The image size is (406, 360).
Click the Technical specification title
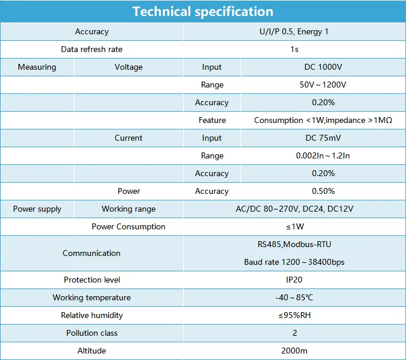203,12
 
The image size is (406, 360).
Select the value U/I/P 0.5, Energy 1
294,31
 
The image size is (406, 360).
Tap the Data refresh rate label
92,49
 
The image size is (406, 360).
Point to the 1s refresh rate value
294,49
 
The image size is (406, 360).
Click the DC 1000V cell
323,67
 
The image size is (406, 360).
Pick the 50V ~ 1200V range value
323,85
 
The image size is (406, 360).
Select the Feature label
212,120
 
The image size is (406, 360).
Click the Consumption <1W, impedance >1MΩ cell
323,120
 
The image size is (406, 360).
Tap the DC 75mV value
323,138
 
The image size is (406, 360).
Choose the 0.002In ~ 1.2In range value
323,155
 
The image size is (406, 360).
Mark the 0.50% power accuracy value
323,191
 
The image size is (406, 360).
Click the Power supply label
37,209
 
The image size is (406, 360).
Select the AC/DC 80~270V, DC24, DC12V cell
294,209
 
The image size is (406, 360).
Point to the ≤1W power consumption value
295,226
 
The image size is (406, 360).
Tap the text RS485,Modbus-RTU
294,244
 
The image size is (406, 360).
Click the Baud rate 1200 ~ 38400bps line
294,262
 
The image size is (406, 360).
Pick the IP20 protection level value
294,280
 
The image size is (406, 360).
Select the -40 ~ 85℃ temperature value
294,297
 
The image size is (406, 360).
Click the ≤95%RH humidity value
294,315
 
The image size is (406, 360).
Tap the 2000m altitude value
294,351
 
